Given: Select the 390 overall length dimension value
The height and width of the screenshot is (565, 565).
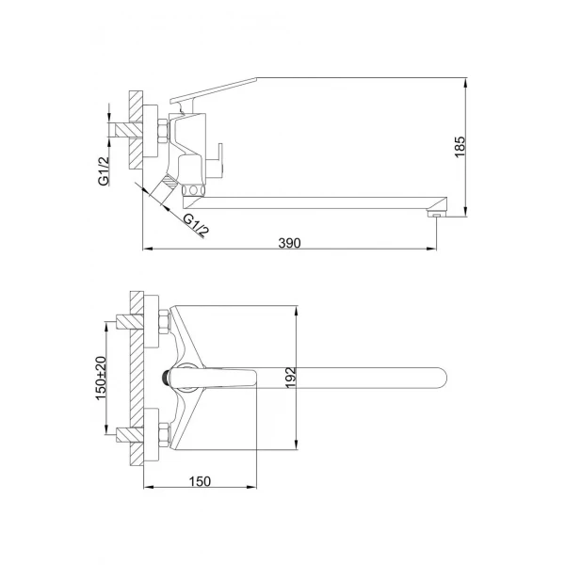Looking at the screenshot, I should [x=289, y=243].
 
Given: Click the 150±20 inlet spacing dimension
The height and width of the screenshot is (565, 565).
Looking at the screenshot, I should [x=102, y=378].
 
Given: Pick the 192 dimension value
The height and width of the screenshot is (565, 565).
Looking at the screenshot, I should [x=289, y=378].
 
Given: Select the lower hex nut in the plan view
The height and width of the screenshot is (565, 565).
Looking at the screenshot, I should [x=164, y=434].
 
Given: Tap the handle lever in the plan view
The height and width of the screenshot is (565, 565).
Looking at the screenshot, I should [x=226, y=378].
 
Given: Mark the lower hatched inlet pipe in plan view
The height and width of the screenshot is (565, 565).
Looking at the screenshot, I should [x=122, y=434].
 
